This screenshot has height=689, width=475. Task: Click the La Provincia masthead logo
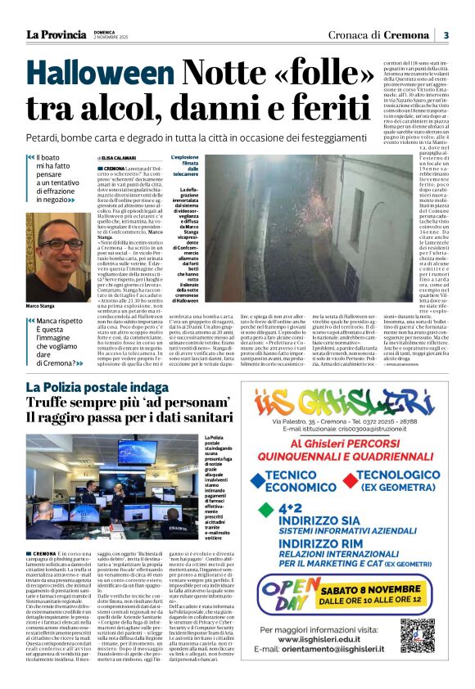pos(56,34)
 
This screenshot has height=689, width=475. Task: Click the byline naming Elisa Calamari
pos(117,157)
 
